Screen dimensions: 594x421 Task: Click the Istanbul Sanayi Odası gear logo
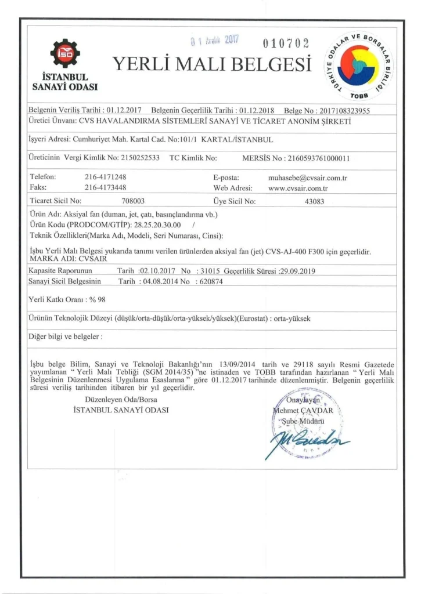pyautogui.click(x=65, y=53)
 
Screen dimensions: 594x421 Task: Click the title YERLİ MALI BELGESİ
pyautogui.click(x=212, y=64)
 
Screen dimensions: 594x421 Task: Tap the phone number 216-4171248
pyautogui.click(x=106, y=176)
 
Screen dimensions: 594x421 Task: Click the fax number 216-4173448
pyautogui.click(x=106, y=187)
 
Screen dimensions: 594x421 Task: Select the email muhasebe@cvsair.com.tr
pyautogui.click(x=307, y=176)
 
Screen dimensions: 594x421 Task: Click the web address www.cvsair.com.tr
pyautogui.click(x=298, y=187)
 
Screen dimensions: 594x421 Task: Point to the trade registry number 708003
pyautogui.click(x=134, y=202)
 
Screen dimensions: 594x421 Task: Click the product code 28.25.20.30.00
pyautogui.click(x=157, y=224)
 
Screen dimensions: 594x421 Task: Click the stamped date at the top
pyautogui.click(x=215, y=41)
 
